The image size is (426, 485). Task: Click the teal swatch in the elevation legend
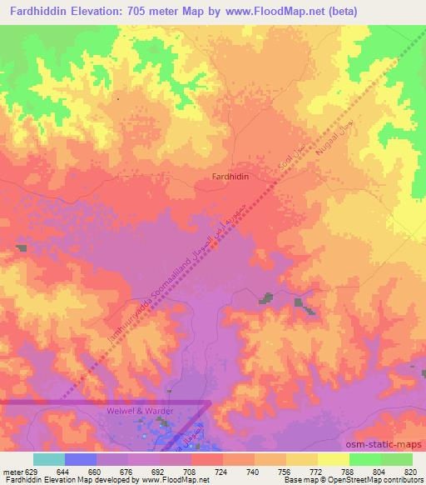[x=49, y=459]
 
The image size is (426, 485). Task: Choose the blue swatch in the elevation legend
[x=81, y=459]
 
